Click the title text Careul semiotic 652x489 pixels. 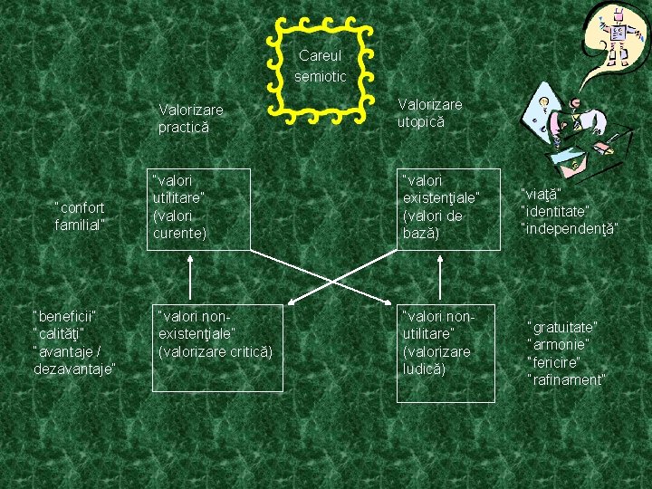coord(321,66)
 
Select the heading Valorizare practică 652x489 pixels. coord(190,119)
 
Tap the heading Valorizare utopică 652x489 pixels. coord(429,113)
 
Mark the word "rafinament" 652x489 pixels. coord(566,379)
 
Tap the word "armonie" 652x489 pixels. coord(559,344)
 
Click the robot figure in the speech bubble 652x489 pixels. coord(618,36)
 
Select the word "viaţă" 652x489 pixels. coord(542,193)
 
